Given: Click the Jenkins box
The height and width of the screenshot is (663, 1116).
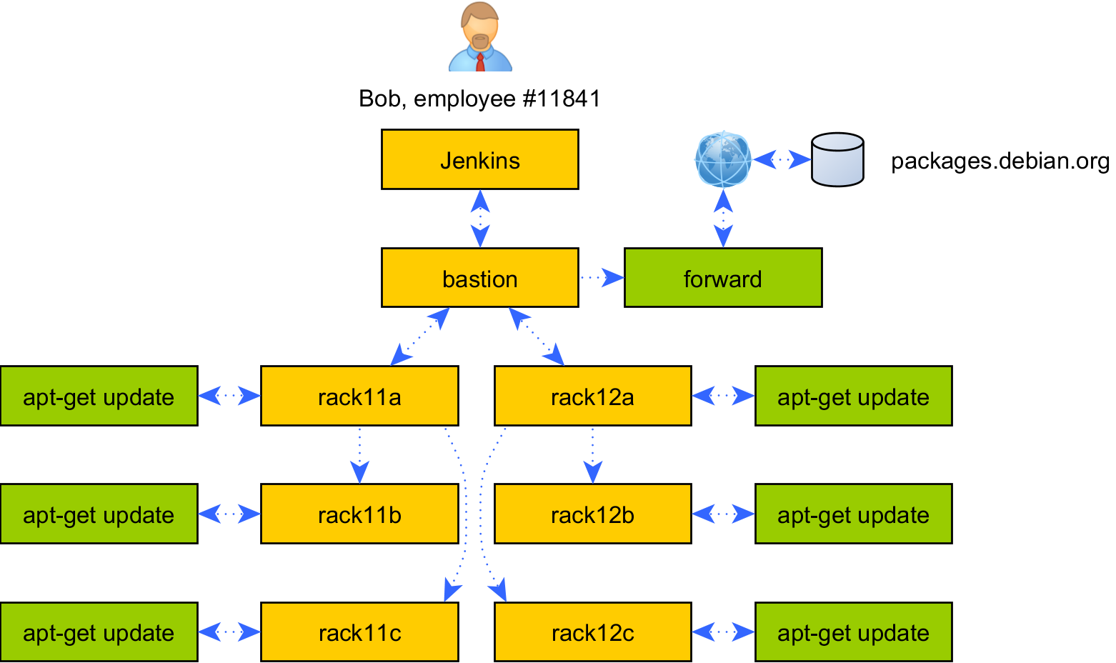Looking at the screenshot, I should pos(479,159).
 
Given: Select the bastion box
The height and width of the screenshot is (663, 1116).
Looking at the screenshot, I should pos(479,278).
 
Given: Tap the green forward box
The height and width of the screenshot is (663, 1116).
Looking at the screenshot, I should pos(723,278).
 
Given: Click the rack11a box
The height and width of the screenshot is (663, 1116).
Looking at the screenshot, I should pos(359,396).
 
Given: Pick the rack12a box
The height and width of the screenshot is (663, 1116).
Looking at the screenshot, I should pos(592,396).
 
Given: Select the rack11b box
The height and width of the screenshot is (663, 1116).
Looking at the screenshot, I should pos(359,514).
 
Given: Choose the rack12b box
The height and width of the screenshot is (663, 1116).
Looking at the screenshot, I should pos(592,514).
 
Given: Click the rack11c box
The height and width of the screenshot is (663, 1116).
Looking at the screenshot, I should pos(359,632).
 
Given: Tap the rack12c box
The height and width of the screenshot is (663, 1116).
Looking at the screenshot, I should pos(592,632).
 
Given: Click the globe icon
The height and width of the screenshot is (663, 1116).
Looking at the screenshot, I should pos(723,159).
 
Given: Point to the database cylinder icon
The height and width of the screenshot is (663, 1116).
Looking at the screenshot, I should pos(837,159).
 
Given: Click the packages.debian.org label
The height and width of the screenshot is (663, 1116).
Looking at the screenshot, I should pos(1000,161).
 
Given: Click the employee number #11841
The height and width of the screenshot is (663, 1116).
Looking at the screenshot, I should pos(562,99).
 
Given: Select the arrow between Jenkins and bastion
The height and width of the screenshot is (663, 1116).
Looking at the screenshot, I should pos(480,219).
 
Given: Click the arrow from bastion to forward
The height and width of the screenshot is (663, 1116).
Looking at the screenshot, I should pos(601,277).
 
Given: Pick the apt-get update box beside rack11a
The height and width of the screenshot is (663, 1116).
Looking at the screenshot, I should pos(99,396).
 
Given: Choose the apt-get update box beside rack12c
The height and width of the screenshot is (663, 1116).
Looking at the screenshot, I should pos(853,632).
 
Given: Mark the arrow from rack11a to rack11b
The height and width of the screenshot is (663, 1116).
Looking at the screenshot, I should pos(359,454).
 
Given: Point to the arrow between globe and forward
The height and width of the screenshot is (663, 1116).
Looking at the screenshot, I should pos(723,218).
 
